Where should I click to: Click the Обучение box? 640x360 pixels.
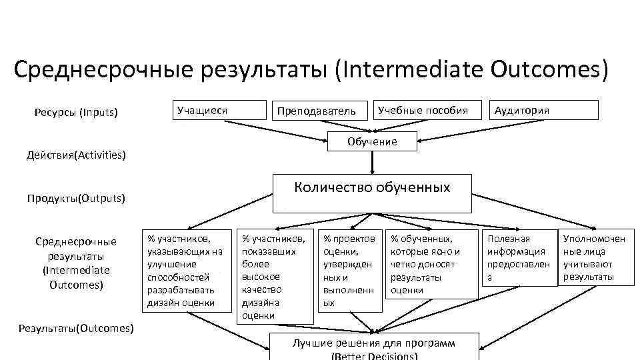pyautogui.click(x=372, y=141)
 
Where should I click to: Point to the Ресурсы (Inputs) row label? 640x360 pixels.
pyautogui.click(x=76, y=113)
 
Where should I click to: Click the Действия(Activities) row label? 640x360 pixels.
pyautogui.click(x=76, y=155)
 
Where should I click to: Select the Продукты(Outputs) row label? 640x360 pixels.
pyautogui.click(x=77, y=198)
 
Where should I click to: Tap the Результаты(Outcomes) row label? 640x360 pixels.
pyautogui.click(x=76, y=328)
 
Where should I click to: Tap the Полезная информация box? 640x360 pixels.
pyautogui.click(x=519, y=257)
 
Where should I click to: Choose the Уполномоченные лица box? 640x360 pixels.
pyautogui.click(x=595, y=257)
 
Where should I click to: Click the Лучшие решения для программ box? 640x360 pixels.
pyautogui.click(x=374, y=346)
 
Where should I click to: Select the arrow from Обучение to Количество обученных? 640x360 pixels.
pyautogui.click(x=372, y=161)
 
